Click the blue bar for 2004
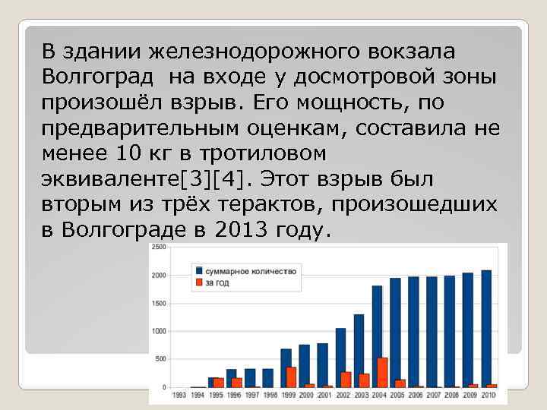(377, 336)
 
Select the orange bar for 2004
(383, 373)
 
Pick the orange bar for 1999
(292, 377)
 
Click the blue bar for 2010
(486, 329)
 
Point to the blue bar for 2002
(340, 358)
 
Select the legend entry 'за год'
(216, 283)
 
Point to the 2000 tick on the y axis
(160, 276)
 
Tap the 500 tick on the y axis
(161, 359)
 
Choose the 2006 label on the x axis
(416, 396)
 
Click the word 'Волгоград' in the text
(96, 77)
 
